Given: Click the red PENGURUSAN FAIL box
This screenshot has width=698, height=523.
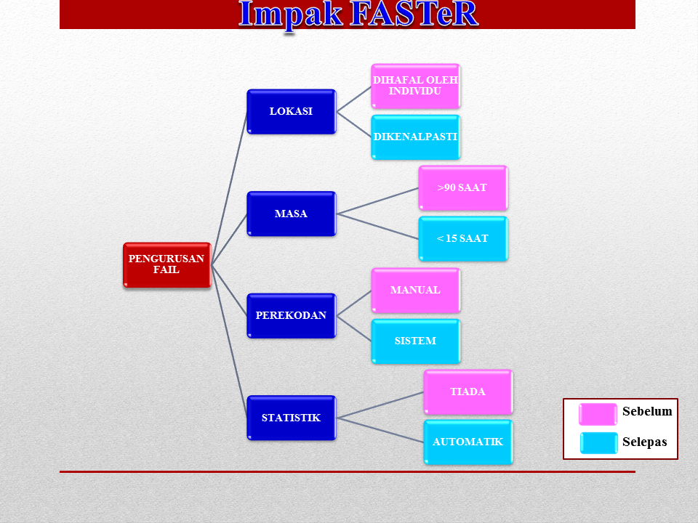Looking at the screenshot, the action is point(167,264).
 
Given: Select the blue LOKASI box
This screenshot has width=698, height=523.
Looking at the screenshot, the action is point(291,111).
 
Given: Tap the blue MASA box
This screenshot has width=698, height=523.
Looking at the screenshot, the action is point(291,214).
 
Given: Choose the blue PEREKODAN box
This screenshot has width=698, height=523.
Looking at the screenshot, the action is point(291,315).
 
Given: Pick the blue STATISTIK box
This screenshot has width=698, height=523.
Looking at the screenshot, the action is point(291,418).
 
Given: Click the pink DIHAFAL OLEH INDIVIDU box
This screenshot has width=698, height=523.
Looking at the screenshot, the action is point(415,86).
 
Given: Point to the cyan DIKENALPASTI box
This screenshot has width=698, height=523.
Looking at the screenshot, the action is point(415,137).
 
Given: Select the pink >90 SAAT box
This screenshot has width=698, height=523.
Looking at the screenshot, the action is point(463,187).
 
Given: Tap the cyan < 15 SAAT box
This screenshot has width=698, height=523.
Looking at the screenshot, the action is point(463,239).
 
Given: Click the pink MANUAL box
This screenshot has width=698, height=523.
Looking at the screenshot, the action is point(415,290).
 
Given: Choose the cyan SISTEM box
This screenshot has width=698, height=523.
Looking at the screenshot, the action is point(415,341).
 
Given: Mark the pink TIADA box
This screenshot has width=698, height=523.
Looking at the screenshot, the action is point(468,392).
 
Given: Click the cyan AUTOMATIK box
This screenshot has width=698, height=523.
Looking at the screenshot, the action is point(468,442).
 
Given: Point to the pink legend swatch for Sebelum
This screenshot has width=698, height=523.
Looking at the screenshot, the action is point(598,414).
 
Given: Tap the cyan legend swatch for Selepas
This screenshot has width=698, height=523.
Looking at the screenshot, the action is point(598,443).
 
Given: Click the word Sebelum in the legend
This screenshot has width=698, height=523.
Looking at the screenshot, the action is point(647,411).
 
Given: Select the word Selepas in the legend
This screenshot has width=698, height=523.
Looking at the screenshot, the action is point(645,442).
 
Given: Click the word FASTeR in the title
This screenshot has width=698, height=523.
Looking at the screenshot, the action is point(414,14).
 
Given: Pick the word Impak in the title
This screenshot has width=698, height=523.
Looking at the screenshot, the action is point(290,15).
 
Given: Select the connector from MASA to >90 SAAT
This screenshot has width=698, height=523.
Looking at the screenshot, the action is point(377,201).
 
